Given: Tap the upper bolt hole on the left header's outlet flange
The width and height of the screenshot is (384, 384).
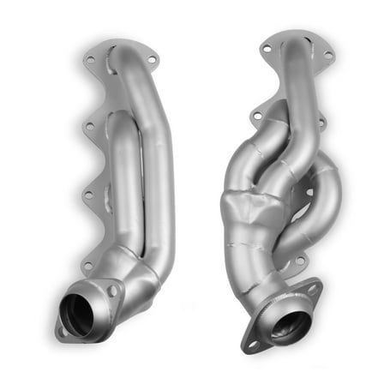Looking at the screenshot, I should pyautogui.click(x=112, y=291).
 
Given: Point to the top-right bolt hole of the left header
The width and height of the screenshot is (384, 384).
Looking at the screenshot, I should pyautogui.click(x=154, y=60).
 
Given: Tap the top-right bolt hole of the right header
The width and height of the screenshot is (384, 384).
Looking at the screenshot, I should pyautogui.click(x=327, y=56).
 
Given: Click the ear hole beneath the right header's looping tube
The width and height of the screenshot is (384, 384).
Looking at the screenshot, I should pyautogui.click(x=299, y=259).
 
